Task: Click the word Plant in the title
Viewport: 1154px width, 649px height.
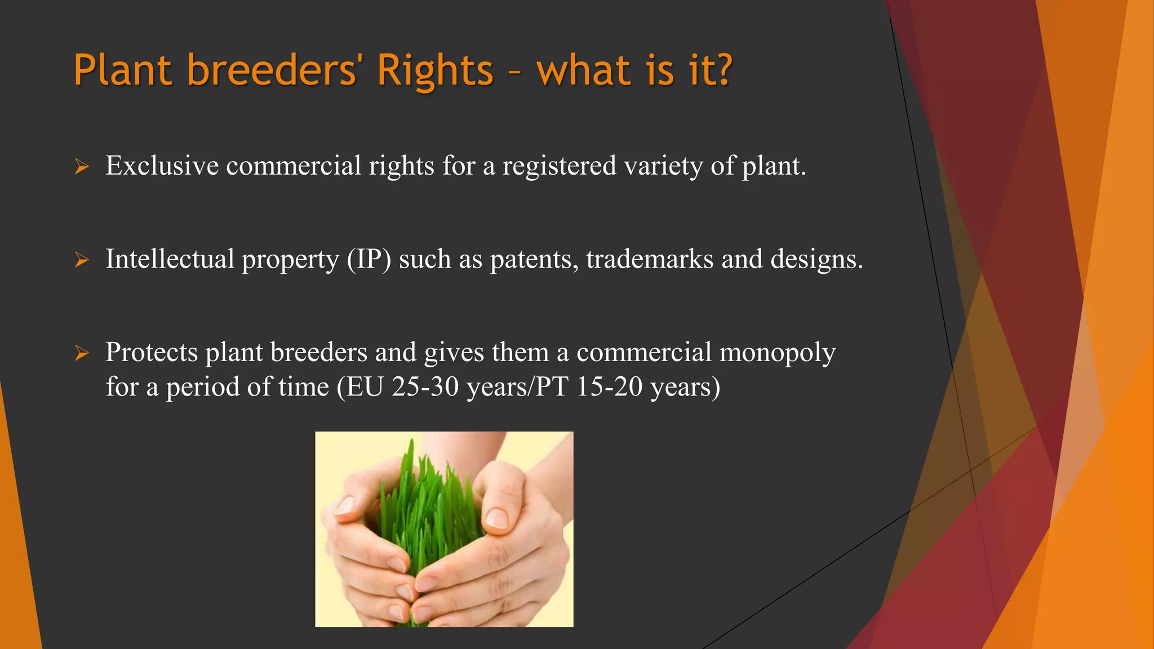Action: pyautogui.click(x=122, y=70)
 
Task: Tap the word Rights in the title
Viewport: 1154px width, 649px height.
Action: pyautogui.click(x=435, y=70)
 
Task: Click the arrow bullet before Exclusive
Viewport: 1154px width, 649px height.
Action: pyautogui.click(x=82, y=167)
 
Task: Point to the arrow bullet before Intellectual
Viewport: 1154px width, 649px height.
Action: pyautogui.click(x=82, y=260)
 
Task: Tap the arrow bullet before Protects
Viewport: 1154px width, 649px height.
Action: pyautogui.click(x=82, y=353)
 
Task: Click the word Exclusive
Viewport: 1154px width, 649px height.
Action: pyautogui.click(x=162, y=166)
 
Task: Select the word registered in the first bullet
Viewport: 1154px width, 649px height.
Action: pyautogui.click(x=559, y=166)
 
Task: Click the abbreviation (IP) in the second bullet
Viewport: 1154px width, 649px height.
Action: pyautogui.click(x=369, y=260)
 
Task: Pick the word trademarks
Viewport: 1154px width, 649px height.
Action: pyautogui.click(x=650, y=259)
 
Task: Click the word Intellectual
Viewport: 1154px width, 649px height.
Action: pyautogui.click(x=170, y=259)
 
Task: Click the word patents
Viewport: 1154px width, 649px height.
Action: pyautogui.click(x=534, y=260)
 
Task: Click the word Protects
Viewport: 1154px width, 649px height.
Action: pyautogui.click(x=152, y=353)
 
